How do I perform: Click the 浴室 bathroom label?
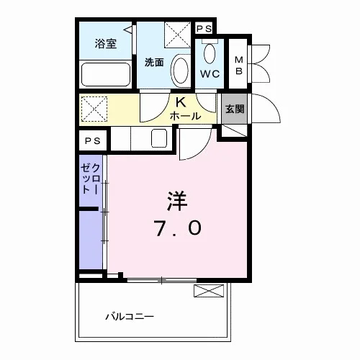(x=106, y=44)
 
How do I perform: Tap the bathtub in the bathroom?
(x=106, y=74)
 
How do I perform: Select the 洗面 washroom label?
(x=154, y=63)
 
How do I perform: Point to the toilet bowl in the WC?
(x=210, y=53)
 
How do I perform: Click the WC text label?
(x=210, y=74)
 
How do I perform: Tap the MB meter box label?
(x=239, y=66)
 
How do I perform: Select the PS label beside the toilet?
(x=204, y=29)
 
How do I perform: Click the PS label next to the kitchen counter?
(x=93, y=140)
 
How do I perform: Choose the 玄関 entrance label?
(x=235, y=109)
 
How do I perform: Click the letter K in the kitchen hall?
(x=181, y=102)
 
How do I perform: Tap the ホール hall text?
(x=185, y=116)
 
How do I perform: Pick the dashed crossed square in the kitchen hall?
(x=94, y=109)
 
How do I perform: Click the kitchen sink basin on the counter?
(x=159, y=138)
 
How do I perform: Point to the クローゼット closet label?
(x=90, y=179)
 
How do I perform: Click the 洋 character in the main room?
(x=178, y=201)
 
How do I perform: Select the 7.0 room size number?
(x=178, y=228)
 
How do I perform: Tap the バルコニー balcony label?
(x=130, y=317)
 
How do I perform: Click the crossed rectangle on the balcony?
(x=209, y=291)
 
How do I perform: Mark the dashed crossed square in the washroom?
(x=178, y=35)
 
